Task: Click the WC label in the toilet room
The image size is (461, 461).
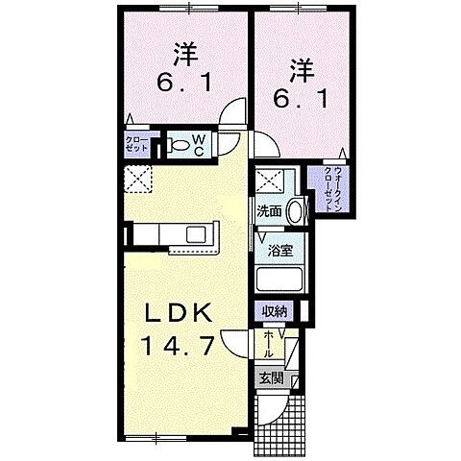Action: [x=200, y=145]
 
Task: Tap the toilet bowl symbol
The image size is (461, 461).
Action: [x=180, y=146]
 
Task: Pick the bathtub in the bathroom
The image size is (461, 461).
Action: [x=280, y=280]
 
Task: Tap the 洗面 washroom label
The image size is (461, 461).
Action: [x=269, y=211]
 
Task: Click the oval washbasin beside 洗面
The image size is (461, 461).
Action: [x=296, y=210]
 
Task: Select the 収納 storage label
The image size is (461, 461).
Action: [x=276, y=310]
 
